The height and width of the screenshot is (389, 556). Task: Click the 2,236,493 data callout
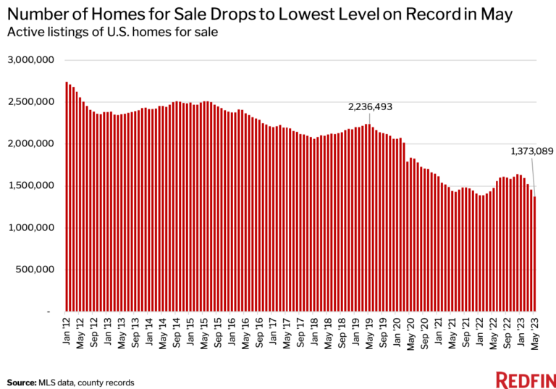[x=370, y=106]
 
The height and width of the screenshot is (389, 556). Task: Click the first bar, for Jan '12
[x=67, y=196]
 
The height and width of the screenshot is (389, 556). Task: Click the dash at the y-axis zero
[x=48, y=311]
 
